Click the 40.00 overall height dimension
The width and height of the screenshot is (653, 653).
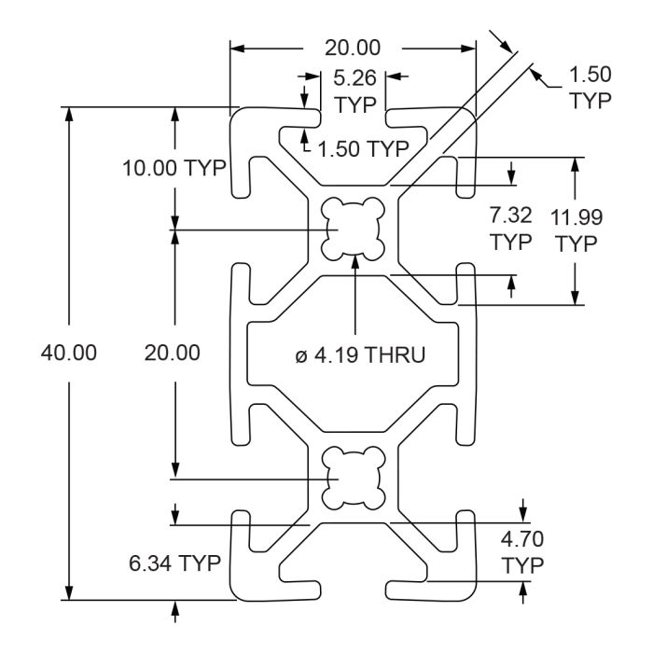tap(69, 353)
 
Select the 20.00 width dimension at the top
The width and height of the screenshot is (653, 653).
tap(353, 48)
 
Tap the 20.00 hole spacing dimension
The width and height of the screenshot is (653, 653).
tap(172, 353)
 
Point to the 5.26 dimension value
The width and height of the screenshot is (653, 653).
tap(354, 77)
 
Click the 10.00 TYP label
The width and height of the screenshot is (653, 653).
tap(174, 168)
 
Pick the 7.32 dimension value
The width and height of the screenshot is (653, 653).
tap(510, 215)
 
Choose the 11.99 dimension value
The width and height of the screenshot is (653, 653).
tap(577, 217)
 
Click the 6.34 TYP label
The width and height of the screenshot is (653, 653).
tap(175, 563)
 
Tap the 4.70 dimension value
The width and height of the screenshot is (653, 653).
tap(522, 539)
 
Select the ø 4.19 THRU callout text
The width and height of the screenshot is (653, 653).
tap(361, 355)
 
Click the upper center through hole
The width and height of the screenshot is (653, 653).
tap(353, 229)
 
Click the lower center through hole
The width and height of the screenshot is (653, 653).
tap(354, 478)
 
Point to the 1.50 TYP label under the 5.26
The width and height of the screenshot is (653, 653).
tap(363, 148)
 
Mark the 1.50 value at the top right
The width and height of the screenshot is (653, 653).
tap(590, 75)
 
